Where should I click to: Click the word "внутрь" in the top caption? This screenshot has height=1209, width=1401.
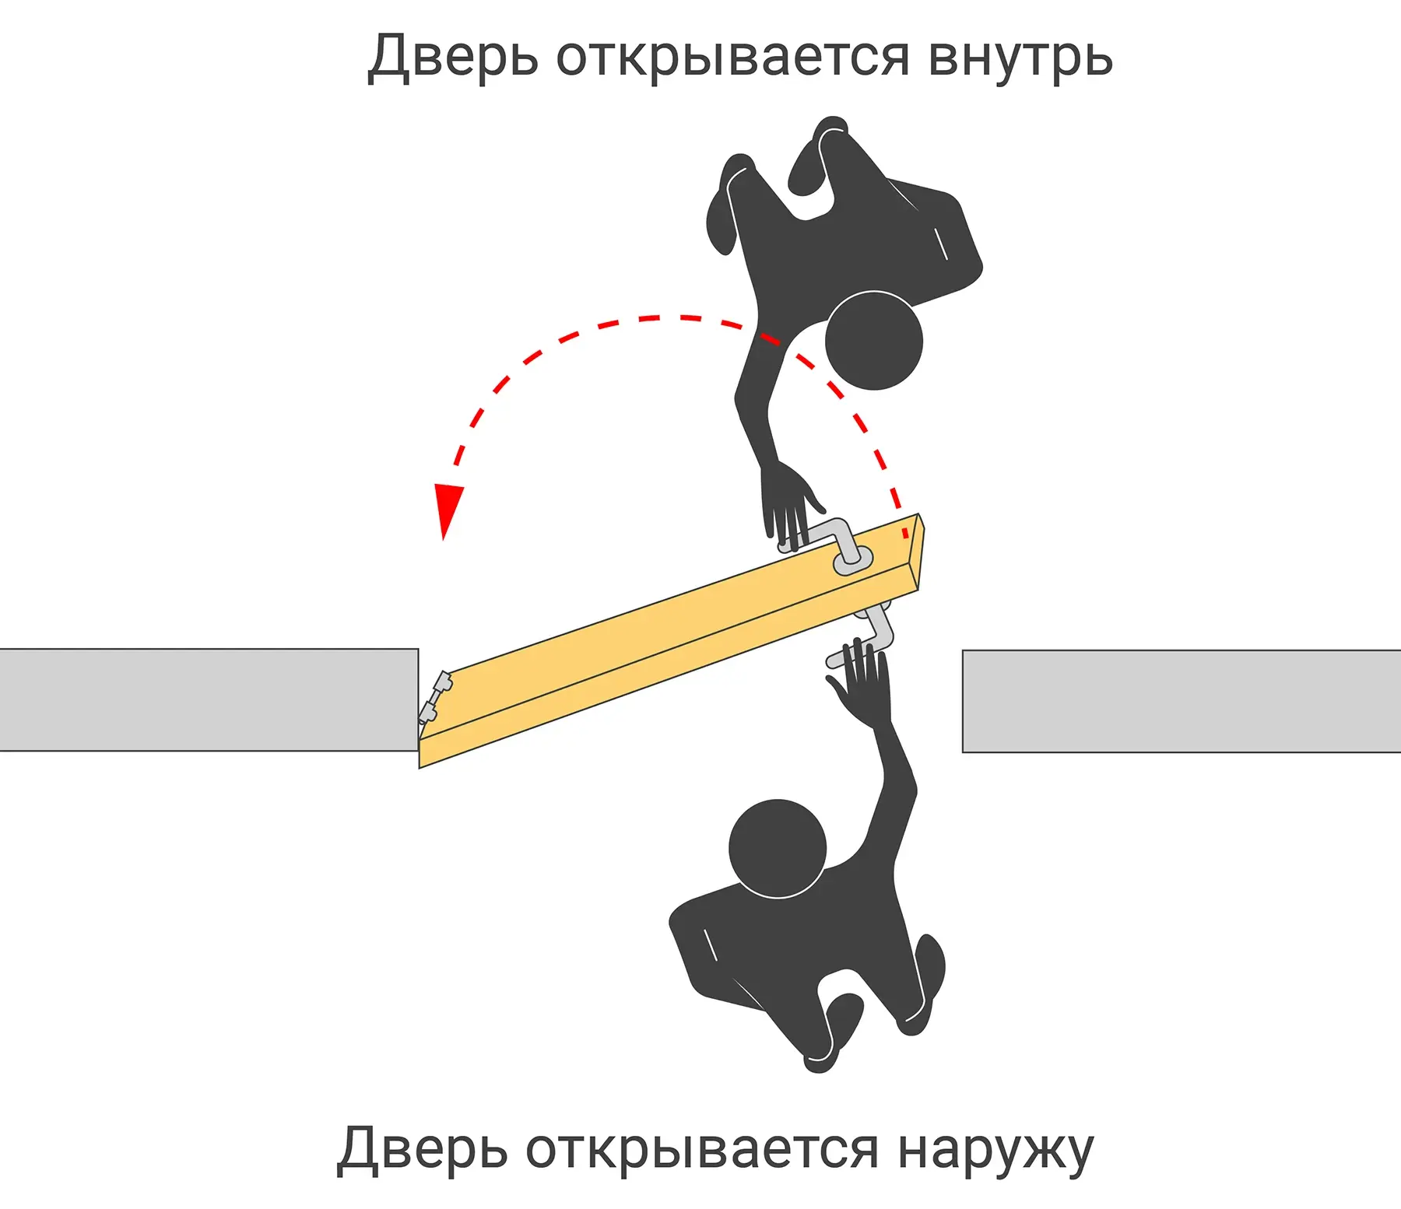point(1020,57)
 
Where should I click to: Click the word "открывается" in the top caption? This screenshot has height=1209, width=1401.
point(733,57)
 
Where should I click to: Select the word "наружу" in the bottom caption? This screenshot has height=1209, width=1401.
point(995,1149)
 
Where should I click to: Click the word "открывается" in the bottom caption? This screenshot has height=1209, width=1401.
point(702,1149)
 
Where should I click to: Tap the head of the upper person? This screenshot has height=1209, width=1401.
point(874,341)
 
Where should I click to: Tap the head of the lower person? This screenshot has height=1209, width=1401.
point(778,848)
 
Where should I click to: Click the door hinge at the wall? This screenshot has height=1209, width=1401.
point(435,698)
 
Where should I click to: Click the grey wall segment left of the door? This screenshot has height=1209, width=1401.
point(209,699)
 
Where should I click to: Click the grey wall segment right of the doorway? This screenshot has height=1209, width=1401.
point(1182,701)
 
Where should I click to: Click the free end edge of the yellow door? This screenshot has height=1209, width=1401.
point(919,552)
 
